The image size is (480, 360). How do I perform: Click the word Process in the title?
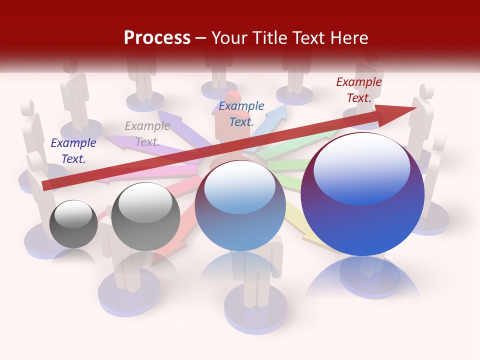click(x=157, y=38)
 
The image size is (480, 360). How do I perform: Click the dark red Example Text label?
click(x=358, y=90)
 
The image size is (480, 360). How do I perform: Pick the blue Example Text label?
click(x=241, y=113)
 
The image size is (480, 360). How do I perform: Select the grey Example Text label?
click(x=147, y=134)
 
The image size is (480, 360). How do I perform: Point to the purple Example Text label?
click(x=73, y=150)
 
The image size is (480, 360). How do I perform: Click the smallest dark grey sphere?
click(x=73, y=224)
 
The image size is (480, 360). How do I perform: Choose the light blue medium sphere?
click(x=240, y=206)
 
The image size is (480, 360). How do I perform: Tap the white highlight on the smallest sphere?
click(x=73, y=214)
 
